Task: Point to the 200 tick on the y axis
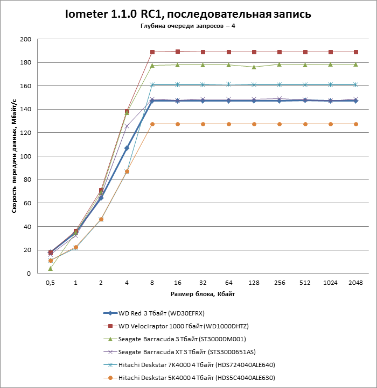tap(25, 39)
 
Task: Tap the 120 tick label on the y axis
tap(25, 133)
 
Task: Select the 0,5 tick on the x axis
tap(50, 283)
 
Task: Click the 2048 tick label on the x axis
tap(356, 283)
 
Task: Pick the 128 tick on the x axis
tap(254, 283)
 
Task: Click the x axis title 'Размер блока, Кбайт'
tap(203, 294)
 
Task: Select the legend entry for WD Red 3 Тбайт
tap(161, 313)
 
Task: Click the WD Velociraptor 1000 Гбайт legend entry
tap(183, 326)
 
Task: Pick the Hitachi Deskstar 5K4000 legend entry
tap(197, 378)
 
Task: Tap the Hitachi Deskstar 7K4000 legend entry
tap(197, 365)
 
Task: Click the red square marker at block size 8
tap(152, 52)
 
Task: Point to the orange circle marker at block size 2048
tap(356, 124)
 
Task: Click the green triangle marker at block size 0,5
tap(50, 268)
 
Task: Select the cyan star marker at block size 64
tap(228, 84)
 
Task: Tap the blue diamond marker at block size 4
tap(127, 148)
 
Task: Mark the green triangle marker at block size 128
tap(254, 67)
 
